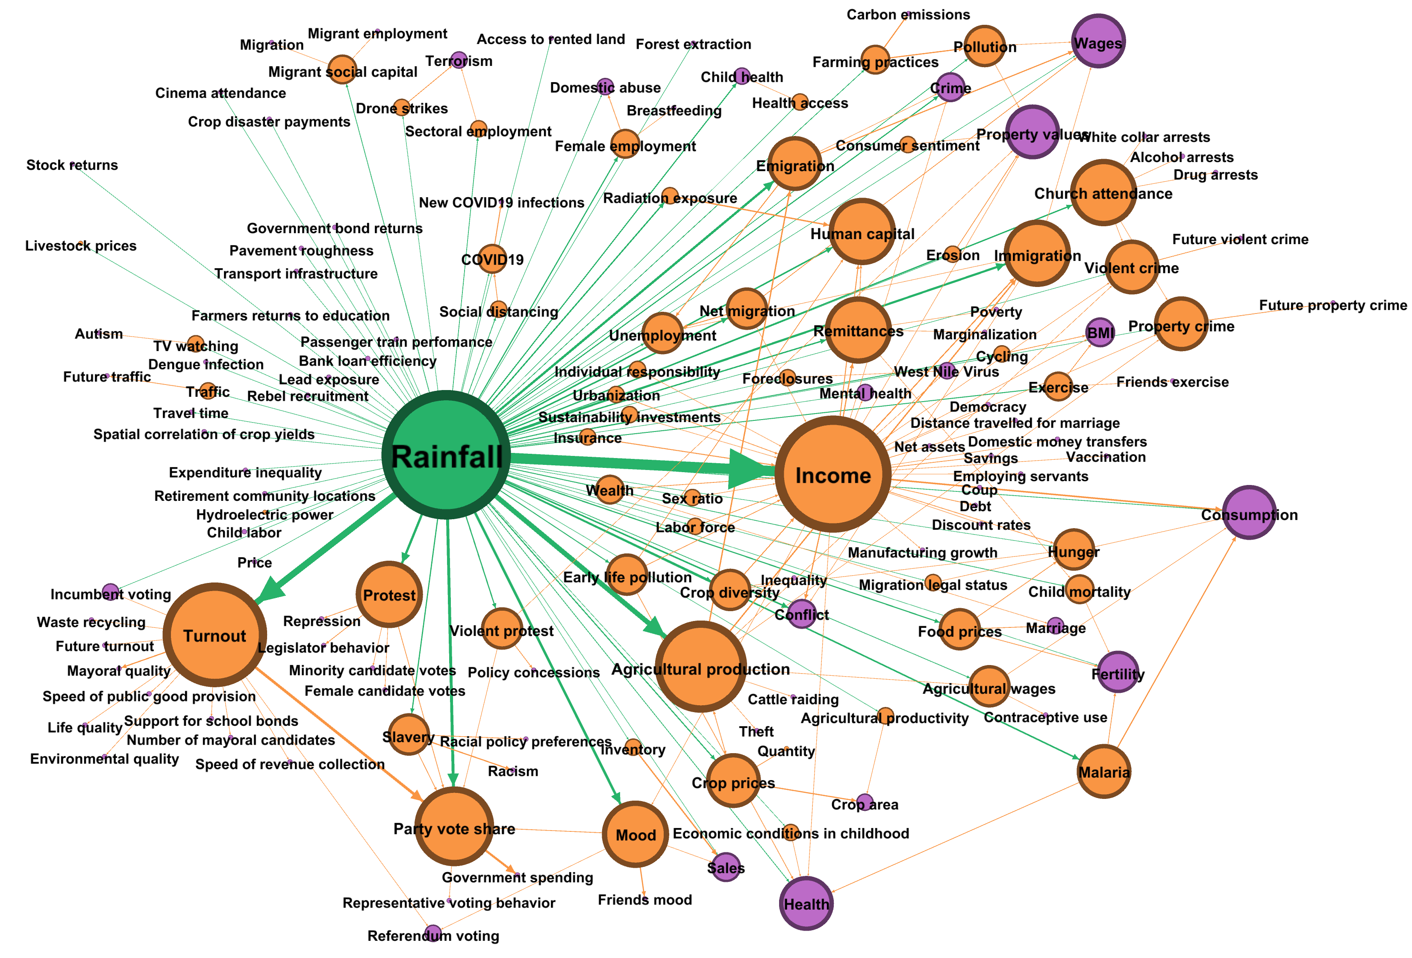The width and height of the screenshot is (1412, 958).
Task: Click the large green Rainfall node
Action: [446, 455]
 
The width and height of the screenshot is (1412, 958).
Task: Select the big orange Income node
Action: [833, 474]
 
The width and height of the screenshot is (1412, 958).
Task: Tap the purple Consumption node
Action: [1249, 512]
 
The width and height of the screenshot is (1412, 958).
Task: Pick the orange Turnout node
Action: [215, 635]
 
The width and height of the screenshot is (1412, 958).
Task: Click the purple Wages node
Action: [1098, 41]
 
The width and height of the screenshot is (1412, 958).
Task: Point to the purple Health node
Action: [806, 903]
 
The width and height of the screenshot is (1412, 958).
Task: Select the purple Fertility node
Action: [1118, 672]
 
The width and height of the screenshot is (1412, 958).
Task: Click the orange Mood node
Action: [635, 834]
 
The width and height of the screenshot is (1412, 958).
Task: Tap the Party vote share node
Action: [454, 827]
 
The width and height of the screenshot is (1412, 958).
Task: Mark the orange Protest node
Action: [389, 594]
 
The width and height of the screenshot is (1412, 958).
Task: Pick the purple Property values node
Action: [1032, 132]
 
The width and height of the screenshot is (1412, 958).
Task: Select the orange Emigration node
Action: [795, 163]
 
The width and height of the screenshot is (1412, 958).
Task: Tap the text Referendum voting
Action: [433, 935]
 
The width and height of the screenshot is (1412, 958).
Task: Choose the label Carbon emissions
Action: [908, 15]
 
